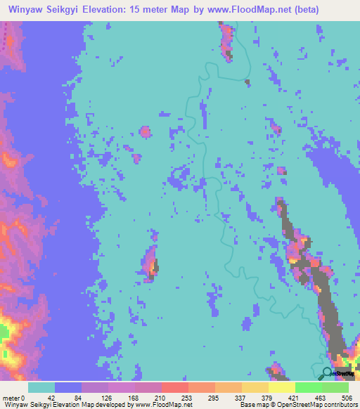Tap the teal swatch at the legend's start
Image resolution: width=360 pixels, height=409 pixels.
pyautogui.click(x=41, y=387)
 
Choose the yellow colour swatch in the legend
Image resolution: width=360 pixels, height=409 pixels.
pyautogui.click(x=281, y=387)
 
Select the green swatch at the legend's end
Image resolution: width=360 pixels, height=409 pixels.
pyautogui.click(x=335, y=387)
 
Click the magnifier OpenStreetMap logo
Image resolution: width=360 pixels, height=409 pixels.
pyautogui.click(x=328, y=374)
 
